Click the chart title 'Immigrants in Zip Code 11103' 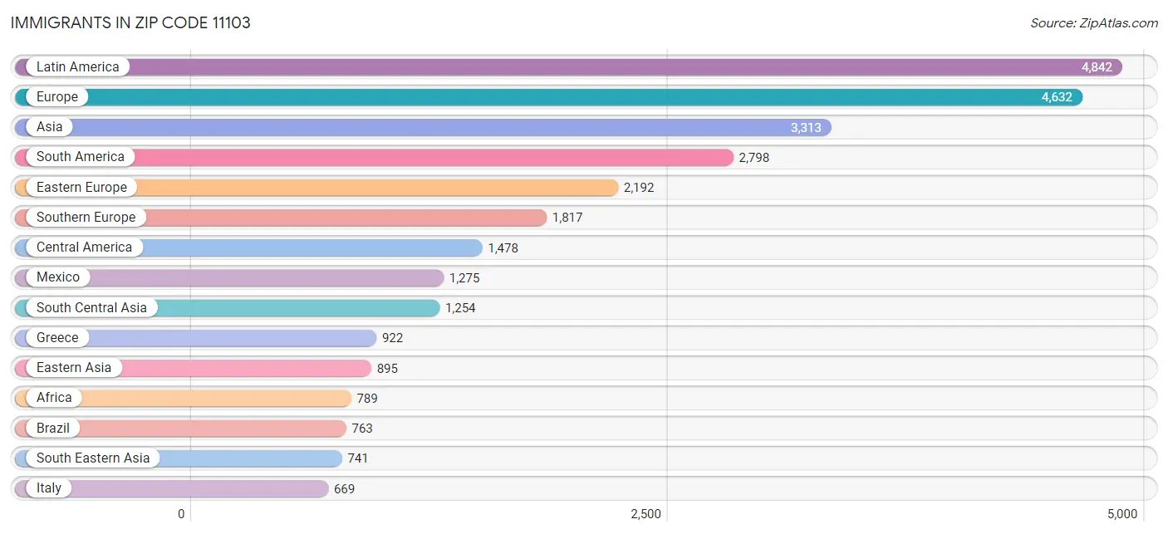tap(130, 23)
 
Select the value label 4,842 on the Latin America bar tap(1097, 67)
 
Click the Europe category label tap(56, 97)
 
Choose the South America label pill tap(80, 157)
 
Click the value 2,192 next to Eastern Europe tap(639, 188)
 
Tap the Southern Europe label tap(86, 218)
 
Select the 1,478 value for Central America tap(503, 248)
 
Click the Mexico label tap(58, 277)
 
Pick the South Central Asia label tap(91, 308)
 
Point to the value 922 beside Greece tap(392, 338)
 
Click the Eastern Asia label tap(74, 368)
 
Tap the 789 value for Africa tap(367, 399)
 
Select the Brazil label tap(53, 429)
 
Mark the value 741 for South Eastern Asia tap(357, 458)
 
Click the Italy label tap(49, 488)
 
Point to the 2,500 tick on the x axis tap(645, 514)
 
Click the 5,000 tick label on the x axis tap(1121, 514)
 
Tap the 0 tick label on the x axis tap(181, 514)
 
